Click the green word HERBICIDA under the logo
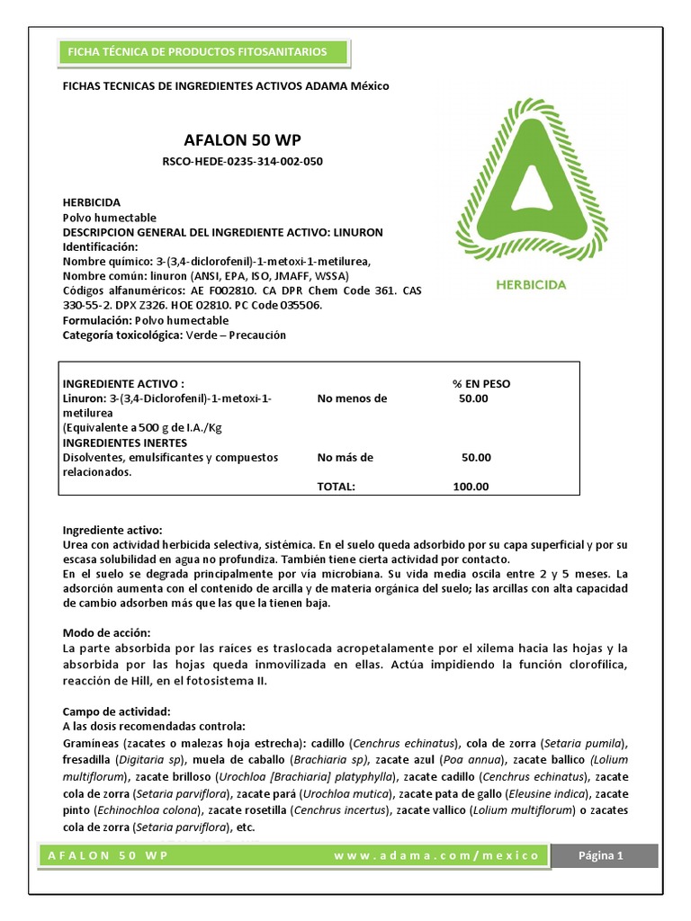click(530, 284)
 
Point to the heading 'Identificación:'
click(100, 246)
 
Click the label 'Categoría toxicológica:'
click(121, 335)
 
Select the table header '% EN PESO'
click(480, 383)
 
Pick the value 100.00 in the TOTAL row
click(471, 487)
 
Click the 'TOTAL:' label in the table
click(337, 487)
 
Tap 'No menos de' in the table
click(352, 398)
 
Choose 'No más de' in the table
click(345, 457)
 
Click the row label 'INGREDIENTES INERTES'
click(124, 443)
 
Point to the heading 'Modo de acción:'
click(106, 633)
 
